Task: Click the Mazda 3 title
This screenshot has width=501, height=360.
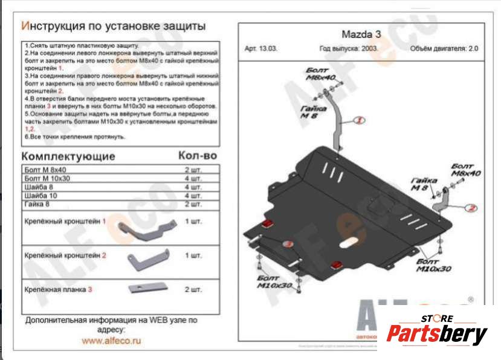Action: pos(357,34)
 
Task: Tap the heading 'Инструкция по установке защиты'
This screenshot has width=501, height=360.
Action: pos(113,27)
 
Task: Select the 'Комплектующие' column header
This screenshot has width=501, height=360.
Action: pos(68,156)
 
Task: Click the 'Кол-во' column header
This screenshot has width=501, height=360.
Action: pos(197,155)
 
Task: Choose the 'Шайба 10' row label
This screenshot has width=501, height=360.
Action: pos(40,196)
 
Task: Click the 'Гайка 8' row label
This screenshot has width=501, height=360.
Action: pos(39,205)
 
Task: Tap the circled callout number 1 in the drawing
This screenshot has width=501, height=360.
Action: pos(358,121)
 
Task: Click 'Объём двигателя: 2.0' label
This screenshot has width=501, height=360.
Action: pos(444,50)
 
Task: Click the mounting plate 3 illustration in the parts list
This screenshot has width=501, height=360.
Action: pos(147,288)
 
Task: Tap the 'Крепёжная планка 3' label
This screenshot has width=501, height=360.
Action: pos(59,290)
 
